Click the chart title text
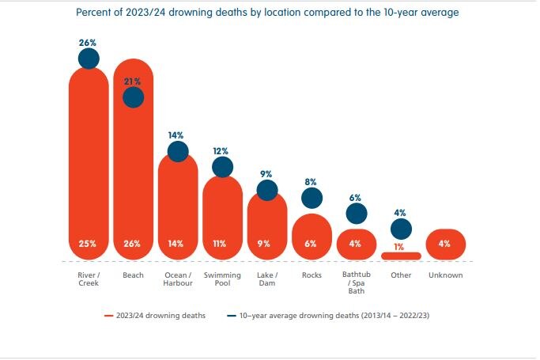click(x=266, y=13)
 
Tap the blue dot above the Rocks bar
click(x=312, y=198)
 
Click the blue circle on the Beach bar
click(x=134, y=97)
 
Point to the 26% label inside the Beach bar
click(x=133, y=244)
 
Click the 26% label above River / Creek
click(x=89, y=41)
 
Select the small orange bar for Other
click(x=400, y=256)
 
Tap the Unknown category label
click(x=445, y=275)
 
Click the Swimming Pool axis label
click(x=222, y=279)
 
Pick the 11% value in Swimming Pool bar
click(x=222, y=244)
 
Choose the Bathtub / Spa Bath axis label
click(x=356, y=282)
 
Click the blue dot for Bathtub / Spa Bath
click(x=357, y=213)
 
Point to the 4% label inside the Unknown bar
click(x=445, y=244)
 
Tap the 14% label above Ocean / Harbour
click(x=178, y=135)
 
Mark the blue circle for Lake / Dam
click(x=267, y=190)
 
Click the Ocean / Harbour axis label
click(x=178, y=279)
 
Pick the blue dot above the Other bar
click(x=401, y=229)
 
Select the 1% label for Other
click(x=401, y=246)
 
